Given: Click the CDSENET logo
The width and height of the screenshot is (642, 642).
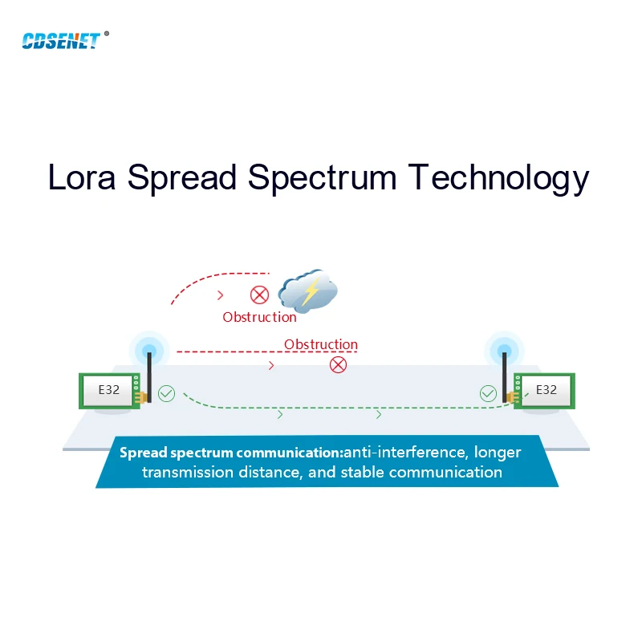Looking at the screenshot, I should (x=61, y=40).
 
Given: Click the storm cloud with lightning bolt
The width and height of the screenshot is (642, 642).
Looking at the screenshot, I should (x=307, y=291).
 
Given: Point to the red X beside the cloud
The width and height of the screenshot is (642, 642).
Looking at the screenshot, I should (x=258, y=295).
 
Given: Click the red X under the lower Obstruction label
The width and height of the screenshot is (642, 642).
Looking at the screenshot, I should (x=339, y=365).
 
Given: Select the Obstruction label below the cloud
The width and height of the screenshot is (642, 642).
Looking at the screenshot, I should (x=259, y=317).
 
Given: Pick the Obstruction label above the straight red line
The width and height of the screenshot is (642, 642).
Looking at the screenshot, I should (x=321, y=344).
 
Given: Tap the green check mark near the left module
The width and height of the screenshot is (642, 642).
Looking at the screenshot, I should (x=166, y=393).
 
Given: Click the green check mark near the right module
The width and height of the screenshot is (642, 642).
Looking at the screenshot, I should (x=488, y=393).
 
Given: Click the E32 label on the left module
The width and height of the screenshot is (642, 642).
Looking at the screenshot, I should (x=108, y=389).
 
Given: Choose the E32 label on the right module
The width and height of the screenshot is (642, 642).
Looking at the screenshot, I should (x=546, y=389).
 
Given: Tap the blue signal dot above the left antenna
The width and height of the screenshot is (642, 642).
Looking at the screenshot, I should (x=148, y=349).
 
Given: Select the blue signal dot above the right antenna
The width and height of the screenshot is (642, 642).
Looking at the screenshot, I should (x=505, y=349).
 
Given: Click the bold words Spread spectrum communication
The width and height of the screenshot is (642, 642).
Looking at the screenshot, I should (x=231, y=453).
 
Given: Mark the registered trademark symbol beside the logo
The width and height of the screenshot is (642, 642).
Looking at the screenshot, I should (x=107, y=34).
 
